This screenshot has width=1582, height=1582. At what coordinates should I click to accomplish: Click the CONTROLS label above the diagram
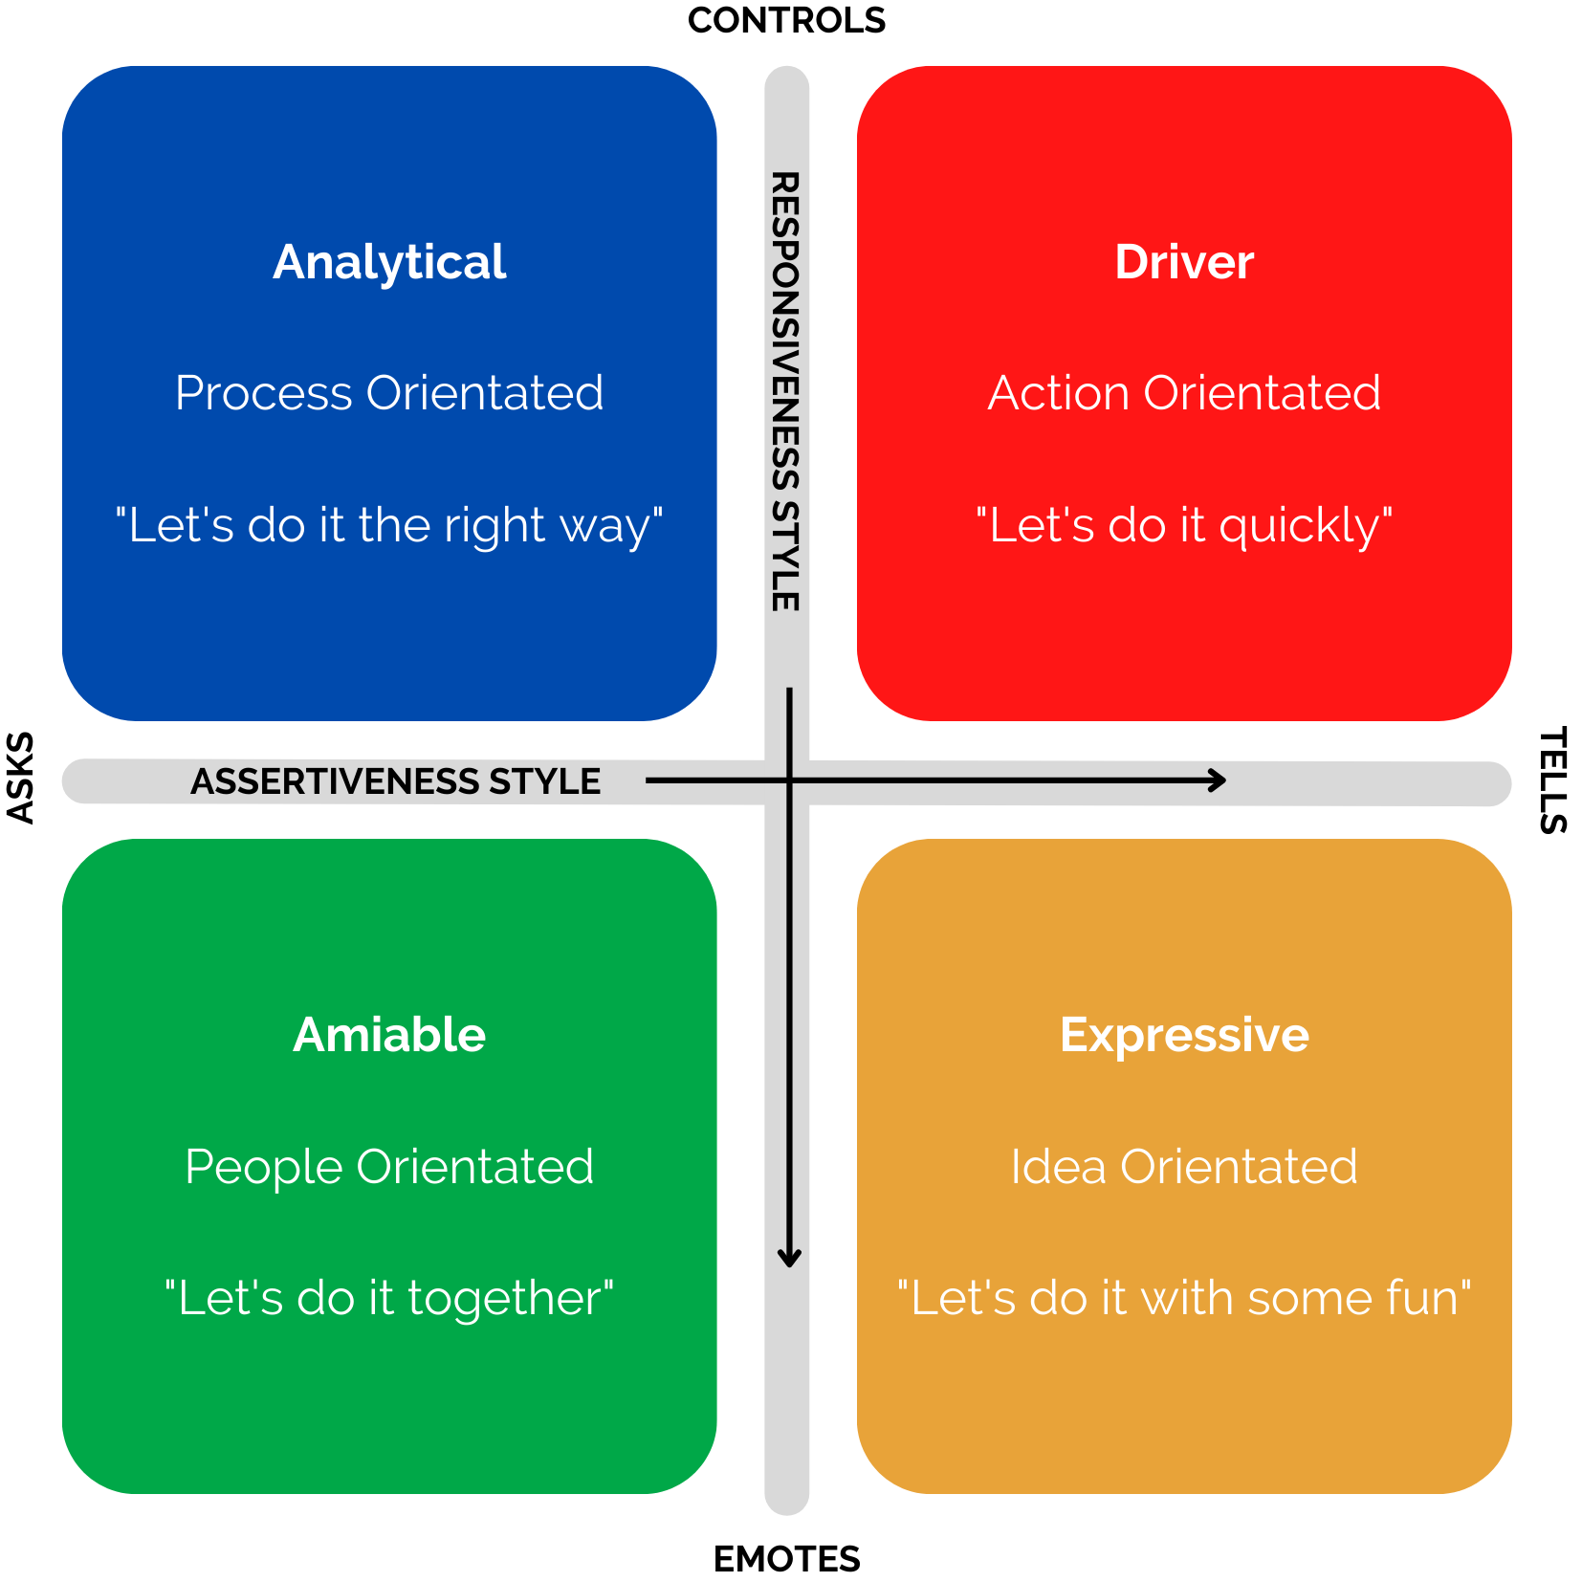786,20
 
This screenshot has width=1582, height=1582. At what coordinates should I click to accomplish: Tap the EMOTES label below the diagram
786,1559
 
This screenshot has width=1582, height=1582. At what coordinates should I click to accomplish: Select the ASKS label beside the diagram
20,778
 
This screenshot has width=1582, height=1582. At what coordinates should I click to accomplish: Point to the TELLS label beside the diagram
1552,780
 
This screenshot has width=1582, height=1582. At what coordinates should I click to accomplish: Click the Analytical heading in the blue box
389,262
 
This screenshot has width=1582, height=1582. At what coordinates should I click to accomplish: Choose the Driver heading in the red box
1184,262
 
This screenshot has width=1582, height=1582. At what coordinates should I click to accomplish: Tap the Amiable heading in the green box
389,1035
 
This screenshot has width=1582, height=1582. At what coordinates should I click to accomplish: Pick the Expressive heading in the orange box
1184,1035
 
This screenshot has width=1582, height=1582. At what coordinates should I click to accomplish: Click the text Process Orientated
389,393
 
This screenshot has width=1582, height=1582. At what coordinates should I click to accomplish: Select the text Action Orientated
1184,393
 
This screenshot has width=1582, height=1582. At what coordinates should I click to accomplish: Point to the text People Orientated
389,1167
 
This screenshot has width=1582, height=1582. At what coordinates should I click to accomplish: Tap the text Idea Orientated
1184,1167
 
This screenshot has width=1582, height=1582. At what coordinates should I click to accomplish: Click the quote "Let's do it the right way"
389,525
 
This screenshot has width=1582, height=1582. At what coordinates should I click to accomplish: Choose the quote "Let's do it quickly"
1184,525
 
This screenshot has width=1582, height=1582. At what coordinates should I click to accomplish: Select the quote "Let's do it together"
389,1298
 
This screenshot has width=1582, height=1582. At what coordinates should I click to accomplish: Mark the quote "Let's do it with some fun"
1184,1298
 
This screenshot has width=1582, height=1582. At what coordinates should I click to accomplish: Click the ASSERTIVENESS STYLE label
395,781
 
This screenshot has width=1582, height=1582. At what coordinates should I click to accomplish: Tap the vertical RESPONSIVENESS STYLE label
785,391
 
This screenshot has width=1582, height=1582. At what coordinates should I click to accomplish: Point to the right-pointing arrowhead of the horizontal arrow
1219,780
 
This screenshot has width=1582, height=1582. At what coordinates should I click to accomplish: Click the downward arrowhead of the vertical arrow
789,1259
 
